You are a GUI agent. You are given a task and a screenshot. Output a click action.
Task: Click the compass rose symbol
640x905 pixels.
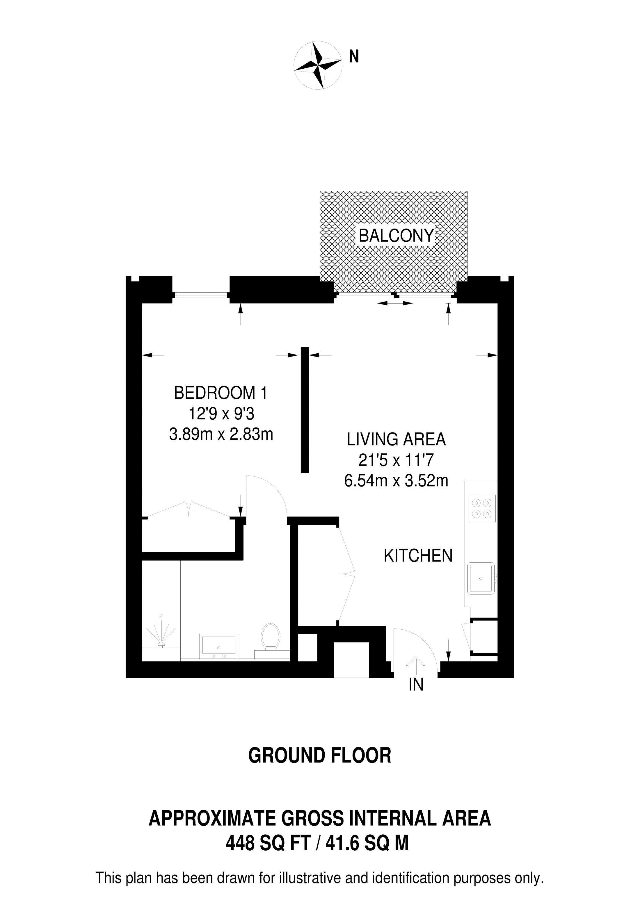tap(318, 65)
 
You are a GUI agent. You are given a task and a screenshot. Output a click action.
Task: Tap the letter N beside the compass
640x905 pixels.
tap(354, 57)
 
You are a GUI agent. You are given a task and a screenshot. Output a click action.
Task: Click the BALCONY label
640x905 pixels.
tap(396, 236)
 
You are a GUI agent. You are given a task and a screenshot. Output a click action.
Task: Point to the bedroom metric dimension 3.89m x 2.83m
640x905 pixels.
tap(221, 435)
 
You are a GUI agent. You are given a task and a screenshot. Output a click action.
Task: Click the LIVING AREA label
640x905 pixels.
tap(396, 439)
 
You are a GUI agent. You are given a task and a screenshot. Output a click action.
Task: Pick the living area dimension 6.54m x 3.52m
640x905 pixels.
tap(396, 481)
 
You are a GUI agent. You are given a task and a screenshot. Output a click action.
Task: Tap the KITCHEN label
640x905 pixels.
tap(418, 556)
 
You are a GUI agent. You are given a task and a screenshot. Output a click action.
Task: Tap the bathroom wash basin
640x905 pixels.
tap(219, 646)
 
